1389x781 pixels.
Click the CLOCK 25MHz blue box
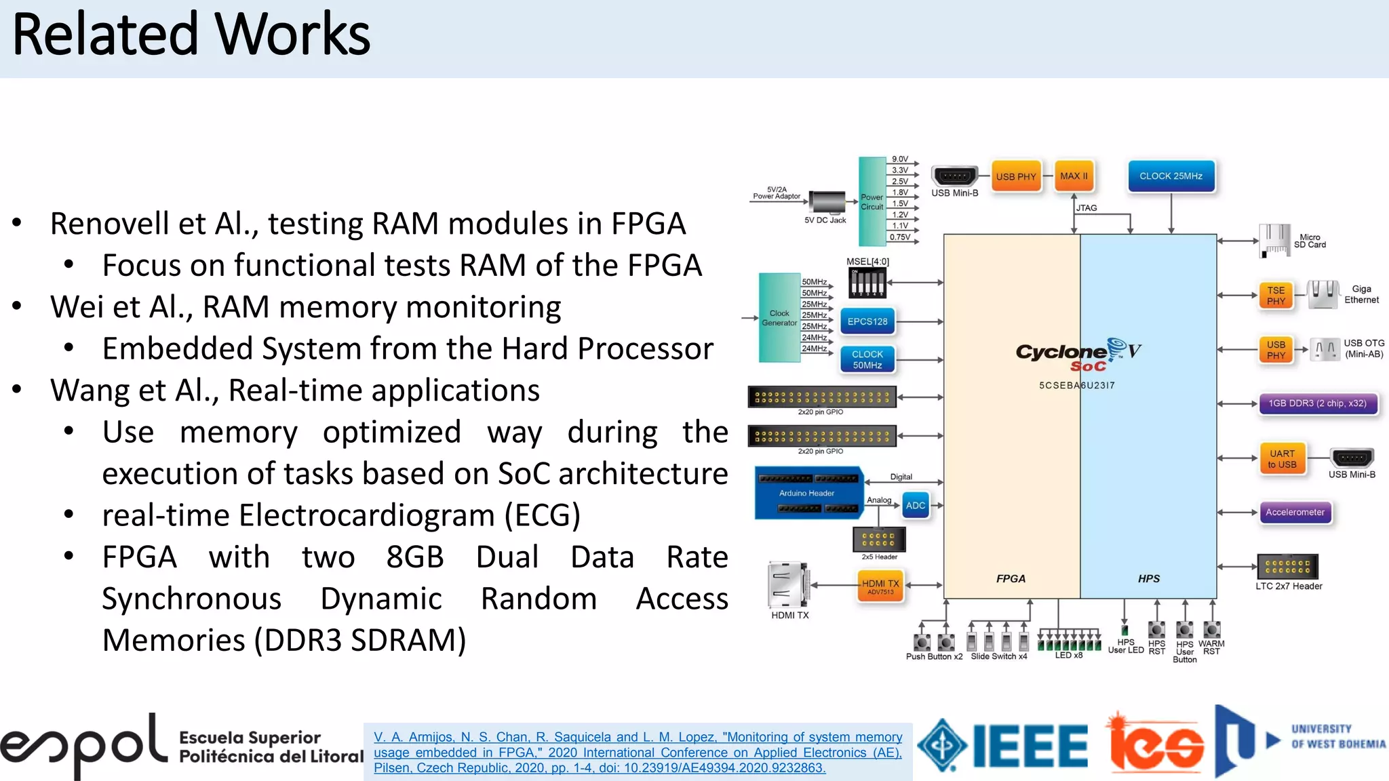click(1171, 176)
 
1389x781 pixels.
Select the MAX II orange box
click(1074, 176)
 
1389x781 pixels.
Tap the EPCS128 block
click(867, 321)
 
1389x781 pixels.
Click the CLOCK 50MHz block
click(867, 359)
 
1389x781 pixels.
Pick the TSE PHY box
click(1276, 296)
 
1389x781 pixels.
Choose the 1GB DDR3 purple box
click(1318, 403)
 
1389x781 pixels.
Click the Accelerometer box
click(1295, 513)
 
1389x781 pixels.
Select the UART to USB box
click(1282, 459)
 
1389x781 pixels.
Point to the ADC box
click(916, 506)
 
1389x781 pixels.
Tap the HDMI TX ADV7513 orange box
click(880, 586)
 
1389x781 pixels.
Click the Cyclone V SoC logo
click(1079, 355)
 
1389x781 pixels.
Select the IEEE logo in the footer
click(1004, 746)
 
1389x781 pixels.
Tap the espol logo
click(83, 746)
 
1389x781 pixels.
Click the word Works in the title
click(292, 35)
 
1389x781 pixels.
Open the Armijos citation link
click(638, 753)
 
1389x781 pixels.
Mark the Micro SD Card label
click(1310, 241)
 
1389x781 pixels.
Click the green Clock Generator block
click(779, 318)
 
